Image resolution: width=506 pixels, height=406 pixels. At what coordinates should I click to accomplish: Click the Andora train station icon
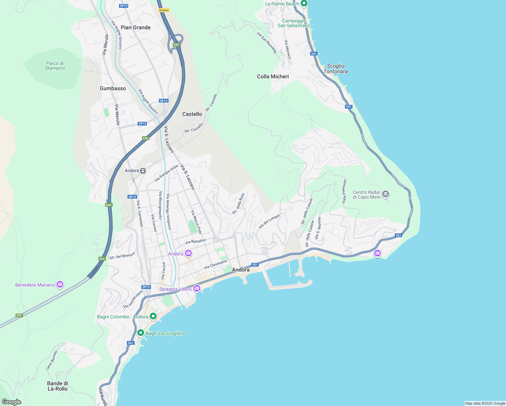tap(143, 171)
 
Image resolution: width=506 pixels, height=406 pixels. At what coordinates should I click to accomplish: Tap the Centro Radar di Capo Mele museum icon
tap(386, 195)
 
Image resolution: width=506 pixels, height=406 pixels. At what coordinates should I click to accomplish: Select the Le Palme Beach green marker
tap(304, 4)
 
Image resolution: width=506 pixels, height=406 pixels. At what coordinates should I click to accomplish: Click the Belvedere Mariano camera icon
tap(60, 285)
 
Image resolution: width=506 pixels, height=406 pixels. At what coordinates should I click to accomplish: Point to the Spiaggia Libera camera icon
tap(197, 289)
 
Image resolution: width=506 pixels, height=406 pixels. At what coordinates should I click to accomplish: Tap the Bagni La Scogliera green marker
tap(141, 333)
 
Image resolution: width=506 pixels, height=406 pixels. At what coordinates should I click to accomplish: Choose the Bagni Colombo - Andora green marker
tap(153, 316)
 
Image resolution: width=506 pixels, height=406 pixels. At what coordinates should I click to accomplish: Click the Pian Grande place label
tap(136, 27)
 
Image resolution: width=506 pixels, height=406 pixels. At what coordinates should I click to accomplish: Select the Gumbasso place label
tap(113, 88)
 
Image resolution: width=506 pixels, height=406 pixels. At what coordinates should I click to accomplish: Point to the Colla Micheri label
tap(273, 76)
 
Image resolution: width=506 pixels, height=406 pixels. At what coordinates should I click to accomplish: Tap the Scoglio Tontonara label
tap(336, 69)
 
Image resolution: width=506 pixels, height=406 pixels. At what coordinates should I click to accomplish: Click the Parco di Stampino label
tap(55, 66)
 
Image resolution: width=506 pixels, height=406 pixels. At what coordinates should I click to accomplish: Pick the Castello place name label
tap(192, 114)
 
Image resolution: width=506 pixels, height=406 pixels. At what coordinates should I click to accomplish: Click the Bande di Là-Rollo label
tap(57, 386)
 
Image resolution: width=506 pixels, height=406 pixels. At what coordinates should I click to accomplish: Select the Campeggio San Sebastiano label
tap(294, 23)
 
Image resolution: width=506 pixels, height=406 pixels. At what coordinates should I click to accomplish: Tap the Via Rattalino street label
tap(195, 242)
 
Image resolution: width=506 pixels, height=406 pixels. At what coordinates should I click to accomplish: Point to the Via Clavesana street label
tap(215, 265)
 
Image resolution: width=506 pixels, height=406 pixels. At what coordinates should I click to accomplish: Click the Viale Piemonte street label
tap(344, 191)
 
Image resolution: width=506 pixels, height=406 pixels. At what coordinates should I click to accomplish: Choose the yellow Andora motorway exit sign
tap(164, 10)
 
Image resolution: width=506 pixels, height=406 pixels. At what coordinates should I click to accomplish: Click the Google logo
tap(11, 402)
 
